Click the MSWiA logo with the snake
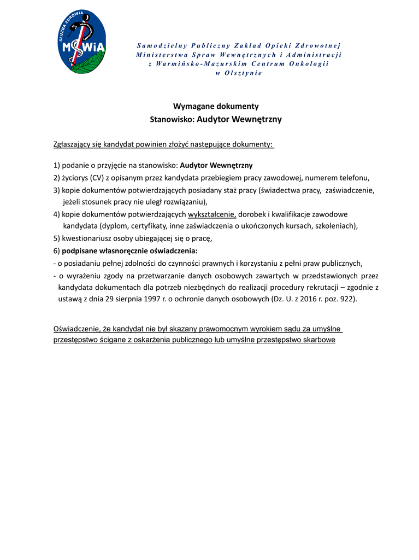[81, 42]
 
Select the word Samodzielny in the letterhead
[162, 45]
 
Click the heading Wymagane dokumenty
[216, 106]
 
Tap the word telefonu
[354, 178]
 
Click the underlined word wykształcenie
[212, 214]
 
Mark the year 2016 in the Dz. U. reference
[299, 299]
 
